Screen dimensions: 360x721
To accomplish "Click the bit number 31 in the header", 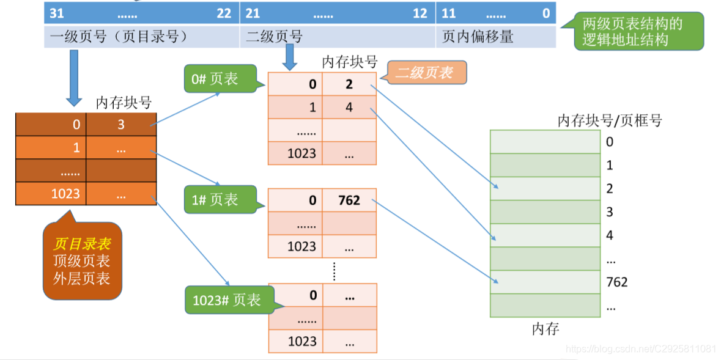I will (56, 13).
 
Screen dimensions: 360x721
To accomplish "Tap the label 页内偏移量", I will (477, 37).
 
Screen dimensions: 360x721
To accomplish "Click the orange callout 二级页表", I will (424, 73).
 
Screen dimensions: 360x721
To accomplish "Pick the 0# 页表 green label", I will (214, 79).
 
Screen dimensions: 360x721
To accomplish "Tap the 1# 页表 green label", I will (214, 200).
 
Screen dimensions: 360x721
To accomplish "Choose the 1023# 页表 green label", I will (226, 299).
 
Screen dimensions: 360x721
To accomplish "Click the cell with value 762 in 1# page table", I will (349, 200).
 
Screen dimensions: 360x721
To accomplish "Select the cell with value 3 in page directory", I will (121, 125).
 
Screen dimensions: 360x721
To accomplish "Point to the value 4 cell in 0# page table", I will (349, 108).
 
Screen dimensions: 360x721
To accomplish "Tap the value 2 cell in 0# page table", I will (349, 84).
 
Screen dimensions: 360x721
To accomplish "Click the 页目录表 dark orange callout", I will (82, 261).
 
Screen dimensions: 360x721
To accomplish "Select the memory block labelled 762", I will (545, 282).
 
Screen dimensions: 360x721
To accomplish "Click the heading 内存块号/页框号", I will (609, 120).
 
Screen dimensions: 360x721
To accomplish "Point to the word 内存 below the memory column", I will (545, 329).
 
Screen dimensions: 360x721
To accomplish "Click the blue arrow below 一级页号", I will (74, 76).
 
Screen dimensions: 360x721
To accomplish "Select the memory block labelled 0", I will (545, 141).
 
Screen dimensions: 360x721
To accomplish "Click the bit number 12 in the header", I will (420, 13).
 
